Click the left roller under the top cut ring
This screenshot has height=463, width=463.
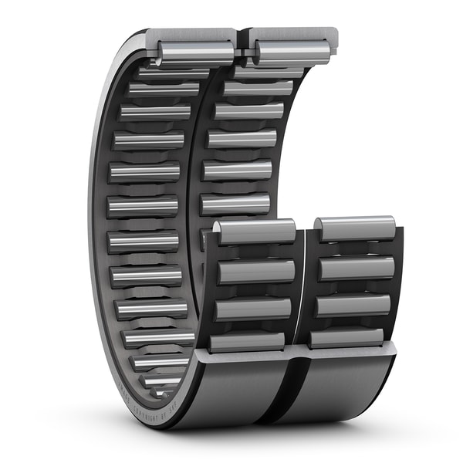[196, 52]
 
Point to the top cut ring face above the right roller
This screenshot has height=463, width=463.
[294, 34]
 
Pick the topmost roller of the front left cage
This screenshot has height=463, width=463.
[255, 231]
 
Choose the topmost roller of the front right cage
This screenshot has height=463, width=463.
[356, 228]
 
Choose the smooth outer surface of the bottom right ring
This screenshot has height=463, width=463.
[347, 390]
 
